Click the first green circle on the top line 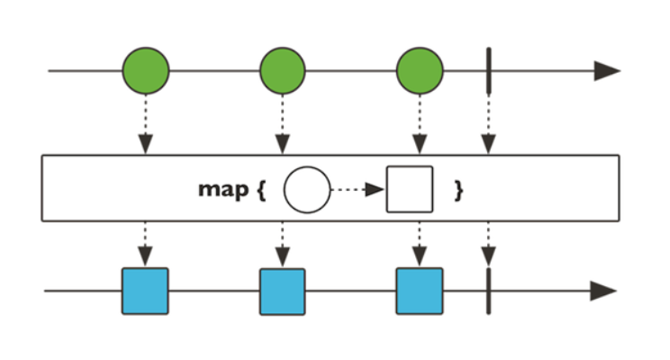(146, 70)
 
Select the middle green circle (283, 70)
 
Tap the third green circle (420, 70)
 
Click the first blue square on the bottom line (145, 292)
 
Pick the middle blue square (283, 292)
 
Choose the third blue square (420, 292)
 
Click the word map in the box (223, 189)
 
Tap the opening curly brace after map (261, 190)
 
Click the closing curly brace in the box (458, 190)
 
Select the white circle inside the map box (307, 190)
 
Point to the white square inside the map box (410, 189)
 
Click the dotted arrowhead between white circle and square (376, 190)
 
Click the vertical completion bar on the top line (489, 70)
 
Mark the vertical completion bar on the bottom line (489, 292)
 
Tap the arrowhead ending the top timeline (607, 70)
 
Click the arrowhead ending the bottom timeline (603, 291)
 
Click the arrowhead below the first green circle (146, 144)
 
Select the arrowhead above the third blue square (420, 256)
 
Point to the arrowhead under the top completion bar (488, 144)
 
